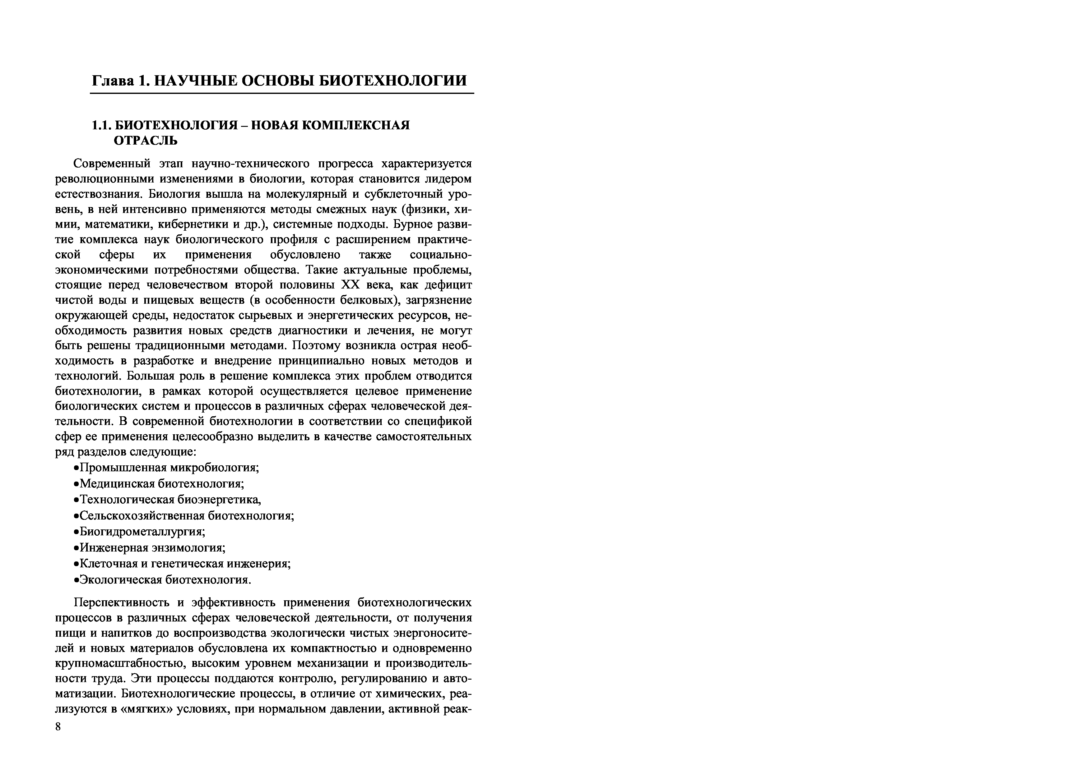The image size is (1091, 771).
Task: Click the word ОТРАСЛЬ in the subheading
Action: (x=146, y=141)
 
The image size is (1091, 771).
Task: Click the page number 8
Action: (x=58, y=727)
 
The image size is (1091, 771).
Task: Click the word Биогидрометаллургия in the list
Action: (x=142, y=532)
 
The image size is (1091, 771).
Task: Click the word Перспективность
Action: (x=121, y=603)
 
